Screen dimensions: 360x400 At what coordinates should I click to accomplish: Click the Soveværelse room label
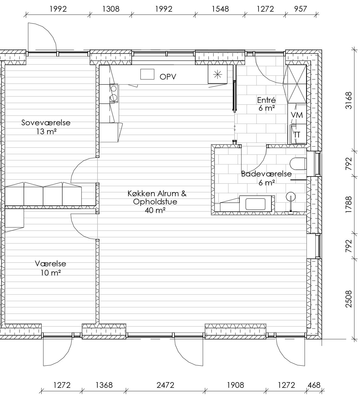pos(46,123)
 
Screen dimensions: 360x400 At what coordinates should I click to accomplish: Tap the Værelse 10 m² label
pos(50,268)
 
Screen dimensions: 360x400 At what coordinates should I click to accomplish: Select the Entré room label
pos(266,100)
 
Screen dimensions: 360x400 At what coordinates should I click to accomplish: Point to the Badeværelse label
pos(266,174)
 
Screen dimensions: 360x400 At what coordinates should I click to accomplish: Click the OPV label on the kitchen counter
pos(168,77)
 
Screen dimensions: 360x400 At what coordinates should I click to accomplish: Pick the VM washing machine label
pos(297,115)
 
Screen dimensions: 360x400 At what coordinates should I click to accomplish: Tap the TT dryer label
pos(297,135)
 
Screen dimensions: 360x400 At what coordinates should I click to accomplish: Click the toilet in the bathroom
pos(298,164)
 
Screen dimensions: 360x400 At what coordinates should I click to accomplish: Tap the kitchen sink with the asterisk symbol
pos(218,74)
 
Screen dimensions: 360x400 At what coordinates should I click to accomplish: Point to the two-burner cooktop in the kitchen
pos(114,93)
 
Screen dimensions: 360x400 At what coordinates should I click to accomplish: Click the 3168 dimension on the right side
pos(349,100)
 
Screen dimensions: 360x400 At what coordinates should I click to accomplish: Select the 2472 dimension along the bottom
pos(165,385)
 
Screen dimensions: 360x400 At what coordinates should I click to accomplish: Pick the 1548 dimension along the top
pos(220,9)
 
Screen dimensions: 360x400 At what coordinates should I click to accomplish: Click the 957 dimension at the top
pos(300,9)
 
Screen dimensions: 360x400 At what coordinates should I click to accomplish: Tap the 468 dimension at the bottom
pos(314,385)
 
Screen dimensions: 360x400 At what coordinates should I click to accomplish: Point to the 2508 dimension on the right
pos(349,299)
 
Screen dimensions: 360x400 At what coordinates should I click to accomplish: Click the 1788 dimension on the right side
pos(349,204)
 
